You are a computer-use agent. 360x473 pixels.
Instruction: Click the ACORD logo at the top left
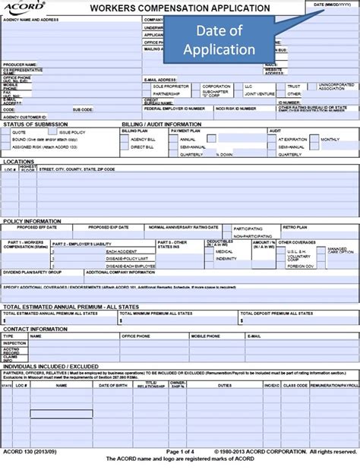point(22,8)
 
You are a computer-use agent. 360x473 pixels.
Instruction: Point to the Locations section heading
point(19,161)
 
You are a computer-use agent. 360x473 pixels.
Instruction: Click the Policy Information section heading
point(32,220)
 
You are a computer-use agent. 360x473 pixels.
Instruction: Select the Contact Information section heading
point(35,328)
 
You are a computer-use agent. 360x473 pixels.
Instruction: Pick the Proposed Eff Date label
point(44,227)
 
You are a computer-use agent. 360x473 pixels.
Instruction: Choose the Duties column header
point(226,386)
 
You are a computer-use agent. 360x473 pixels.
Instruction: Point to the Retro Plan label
point(295,227)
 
